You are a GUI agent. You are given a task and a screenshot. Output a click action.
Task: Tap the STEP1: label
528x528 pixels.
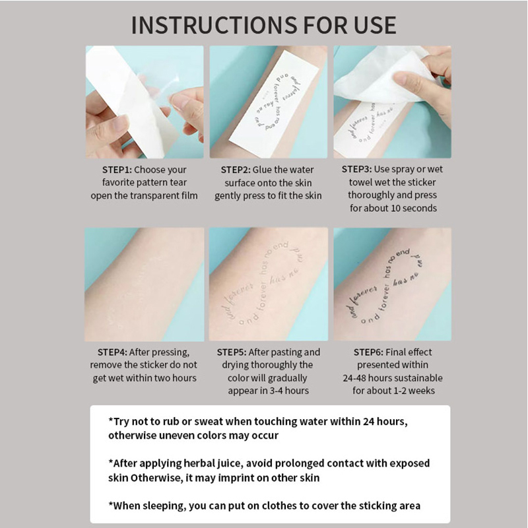point(117,170)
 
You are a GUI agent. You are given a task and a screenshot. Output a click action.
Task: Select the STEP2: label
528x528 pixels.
point(236,170)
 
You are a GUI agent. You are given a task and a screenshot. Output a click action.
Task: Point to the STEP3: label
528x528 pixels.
point(356,169)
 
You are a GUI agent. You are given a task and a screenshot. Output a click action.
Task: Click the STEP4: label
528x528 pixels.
point(112,352)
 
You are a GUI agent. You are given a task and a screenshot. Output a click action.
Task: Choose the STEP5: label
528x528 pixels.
point(232,352)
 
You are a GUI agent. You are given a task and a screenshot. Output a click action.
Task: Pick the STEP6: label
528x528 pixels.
point(368,352)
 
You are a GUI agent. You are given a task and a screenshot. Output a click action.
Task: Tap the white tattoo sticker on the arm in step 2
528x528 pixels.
point(273,101)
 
